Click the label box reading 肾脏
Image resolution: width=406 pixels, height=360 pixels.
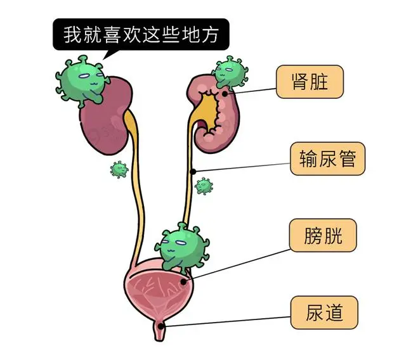click(310, 82)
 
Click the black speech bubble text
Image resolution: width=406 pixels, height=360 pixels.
click(141, 35)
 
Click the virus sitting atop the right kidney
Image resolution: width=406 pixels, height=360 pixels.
click(228, 72)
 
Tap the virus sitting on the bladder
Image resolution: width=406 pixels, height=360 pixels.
click(181, 245)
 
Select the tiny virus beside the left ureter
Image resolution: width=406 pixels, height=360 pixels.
click(118, 169)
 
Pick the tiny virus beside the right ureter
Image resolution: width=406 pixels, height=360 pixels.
click(204, 186)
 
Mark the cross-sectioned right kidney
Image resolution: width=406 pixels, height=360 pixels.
click(219, 117)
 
